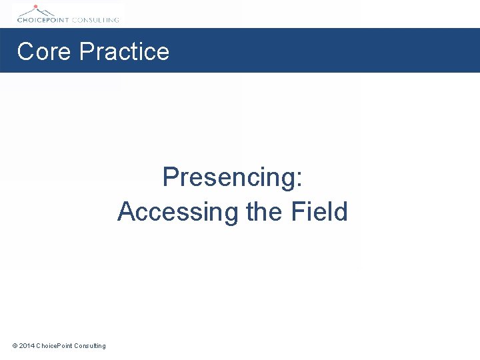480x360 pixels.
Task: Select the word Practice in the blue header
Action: click(124, 52)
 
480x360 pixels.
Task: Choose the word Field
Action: click(319, 212)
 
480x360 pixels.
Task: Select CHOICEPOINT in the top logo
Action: click(44, 20)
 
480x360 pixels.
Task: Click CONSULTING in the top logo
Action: click(97, 20)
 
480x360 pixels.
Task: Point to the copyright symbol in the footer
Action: click(15, 345)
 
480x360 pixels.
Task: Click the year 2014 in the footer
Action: click(27, 345)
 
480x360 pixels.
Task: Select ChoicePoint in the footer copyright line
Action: click(54, 345)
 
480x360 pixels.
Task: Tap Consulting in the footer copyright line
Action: click(90, 345)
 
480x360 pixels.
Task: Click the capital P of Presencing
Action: click(171, 178)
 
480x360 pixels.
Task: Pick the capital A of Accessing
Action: click(126, 212)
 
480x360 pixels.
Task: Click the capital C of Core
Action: click(25, 52)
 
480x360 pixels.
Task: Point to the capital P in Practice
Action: click(86, 52)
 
